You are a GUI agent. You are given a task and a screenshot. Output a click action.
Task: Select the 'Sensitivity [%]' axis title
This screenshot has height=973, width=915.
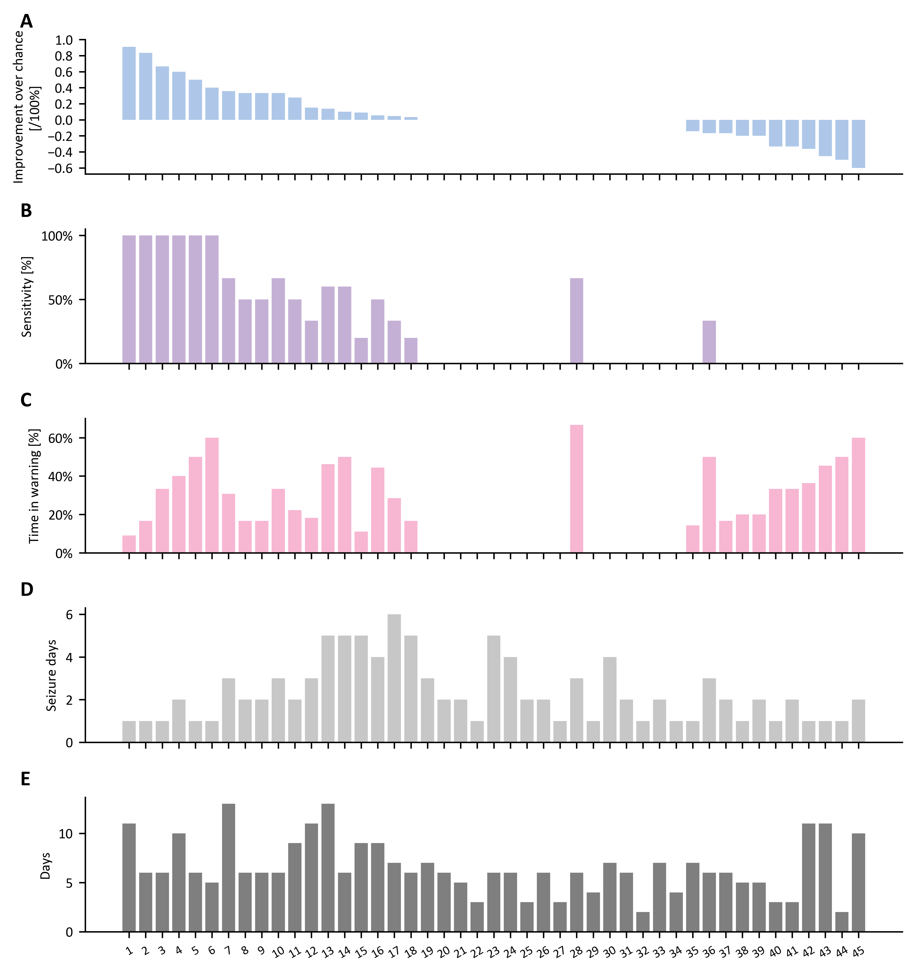pyautogui.click(x=27, y=297)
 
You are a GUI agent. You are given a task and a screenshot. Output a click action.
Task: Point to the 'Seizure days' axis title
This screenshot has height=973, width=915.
pyautogui.click(x=51, y=676)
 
